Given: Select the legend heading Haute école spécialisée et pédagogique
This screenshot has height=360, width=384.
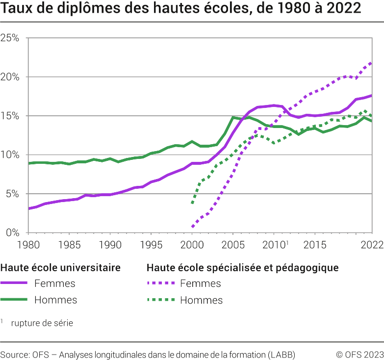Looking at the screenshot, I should point(243,268).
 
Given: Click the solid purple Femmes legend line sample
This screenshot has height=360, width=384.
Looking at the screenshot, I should point(14,283).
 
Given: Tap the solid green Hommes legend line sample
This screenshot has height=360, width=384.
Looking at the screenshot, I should point(14,300).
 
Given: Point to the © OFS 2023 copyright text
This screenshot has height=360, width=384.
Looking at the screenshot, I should point(359,354).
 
